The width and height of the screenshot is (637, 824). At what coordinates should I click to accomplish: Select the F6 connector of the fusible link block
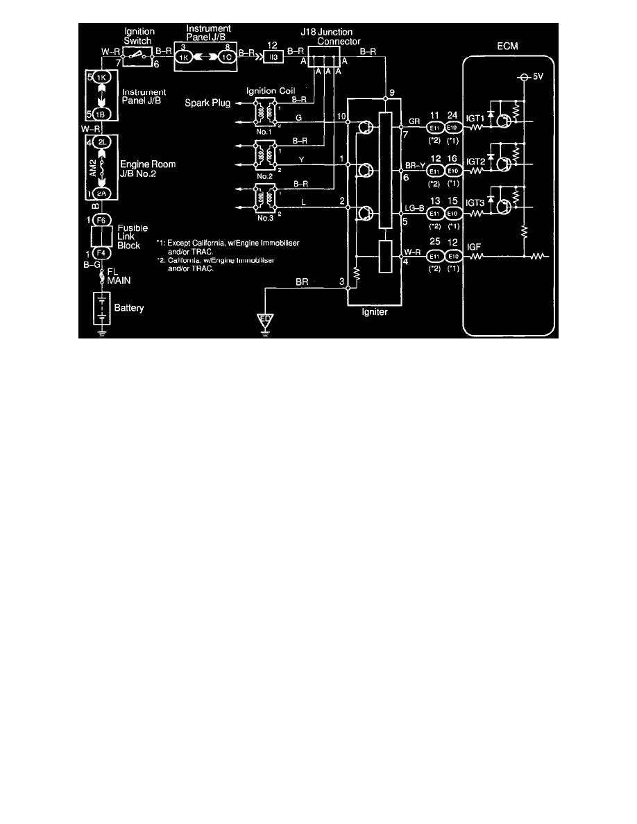tap(101, 220)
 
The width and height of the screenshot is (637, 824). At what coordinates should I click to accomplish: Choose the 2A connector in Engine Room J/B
tap(101, 193)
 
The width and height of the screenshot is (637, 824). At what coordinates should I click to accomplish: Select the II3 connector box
tap(273, 59)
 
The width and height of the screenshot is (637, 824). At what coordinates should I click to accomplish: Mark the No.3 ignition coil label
tap(264, 218)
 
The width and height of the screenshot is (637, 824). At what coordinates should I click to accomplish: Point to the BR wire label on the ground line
tap(303, 282)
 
